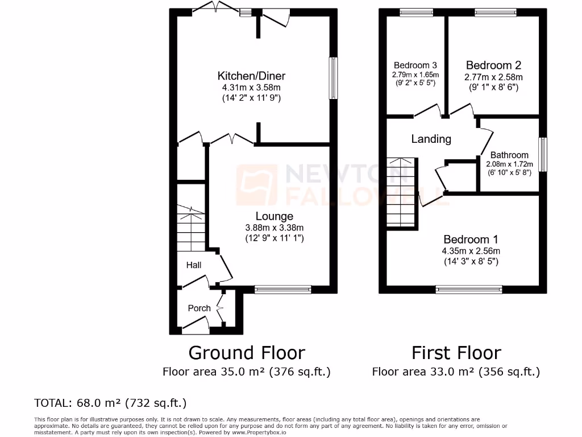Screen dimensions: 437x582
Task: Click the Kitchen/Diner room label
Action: (251, 76)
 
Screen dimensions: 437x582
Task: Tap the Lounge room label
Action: (274, 216)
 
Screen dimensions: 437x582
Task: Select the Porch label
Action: (199, 308)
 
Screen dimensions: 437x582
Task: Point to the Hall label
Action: (194, 265)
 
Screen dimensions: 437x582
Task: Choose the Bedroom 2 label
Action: (493, 65)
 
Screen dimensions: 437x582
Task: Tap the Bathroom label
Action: (509, 155)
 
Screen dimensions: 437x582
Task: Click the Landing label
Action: (431, 139)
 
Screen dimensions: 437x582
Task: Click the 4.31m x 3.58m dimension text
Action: (251, 88)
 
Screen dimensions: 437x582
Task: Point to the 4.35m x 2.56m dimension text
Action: (471, 251)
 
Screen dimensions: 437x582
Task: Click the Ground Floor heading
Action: (247, 353)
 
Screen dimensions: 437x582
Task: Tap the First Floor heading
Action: (456, 353)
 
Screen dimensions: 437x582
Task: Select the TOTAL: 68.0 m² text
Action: (111, 403)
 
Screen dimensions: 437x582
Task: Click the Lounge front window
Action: (282, 289)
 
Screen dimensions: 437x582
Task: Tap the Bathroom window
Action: (543, 154)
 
